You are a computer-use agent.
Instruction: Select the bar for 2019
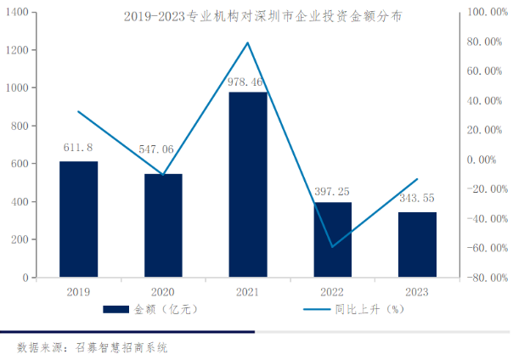pyautogui.click(x=78, y=219)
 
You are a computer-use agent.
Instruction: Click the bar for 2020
pyautogui.click(x=163, y=225)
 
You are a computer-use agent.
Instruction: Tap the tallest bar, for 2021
pyautogui.click(x=248, y=184)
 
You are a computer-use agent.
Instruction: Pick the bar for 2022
pyautogui.click(x=333, y=239)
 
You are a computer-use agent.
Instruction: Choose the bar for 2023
pyautogui.click(x=418, y=245)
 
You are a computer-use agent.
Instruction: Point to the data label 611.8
pyautogui.click(x=78, y=147)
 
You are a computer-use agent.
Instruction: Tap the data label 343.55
pyautogui.click(x=418, y=198)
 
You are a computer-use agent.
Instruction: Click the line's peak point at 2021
pyautogui.click(x=248, y=42)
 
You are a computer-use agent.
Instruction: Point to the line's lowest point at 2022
pyautogui.click(x=333, y=246)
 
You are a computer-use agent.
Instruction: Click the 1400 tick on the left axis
pyautogui.click(x=20, y=12)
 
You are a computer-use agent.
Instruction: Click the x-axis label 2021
pyautogui.click(x=248, y=291)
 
